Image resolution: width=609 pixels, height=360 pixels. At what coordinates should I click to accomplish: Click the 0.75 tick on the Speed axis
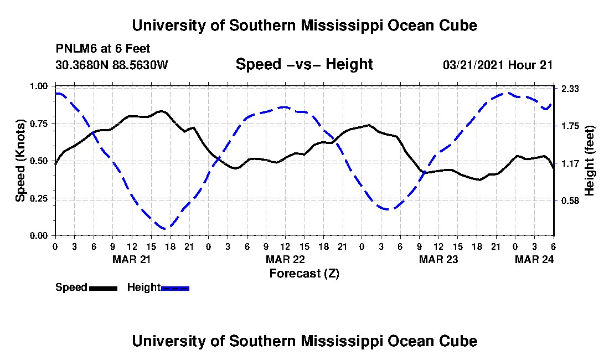click(x=39, y=124)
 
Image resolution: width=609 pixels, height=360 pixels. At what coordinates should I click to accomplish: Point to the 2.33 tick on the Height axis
click(x=570, y=89)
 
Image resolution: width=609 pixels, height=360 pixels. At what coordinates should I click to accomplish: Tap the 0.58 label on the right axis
click(x=570, y=201)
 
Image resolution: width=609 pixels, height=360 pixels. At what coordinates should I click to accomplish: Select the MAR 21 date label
click(x=131, y=259)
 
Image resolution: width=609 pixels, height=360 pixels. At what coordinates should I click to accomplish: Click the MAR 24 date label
click(x=534, y=259)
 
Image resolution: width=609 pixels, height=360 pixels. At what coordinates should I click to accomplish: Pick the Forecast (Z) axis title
click(x=304, y=274)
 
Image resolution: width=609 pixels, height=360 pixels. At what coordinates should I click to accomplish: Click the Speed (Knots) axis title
click(x=20, y=161)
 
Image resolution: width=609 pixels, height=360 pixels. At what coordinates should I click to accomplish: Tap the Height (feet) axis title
click(x=589, y=161)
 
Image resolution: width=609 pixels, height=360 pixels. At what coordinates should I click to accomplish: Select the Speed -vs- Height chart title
click(x=304, y=64)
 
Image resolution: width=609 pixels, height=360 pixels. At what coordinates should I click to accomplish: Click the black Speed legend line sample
click(x=103, y=288)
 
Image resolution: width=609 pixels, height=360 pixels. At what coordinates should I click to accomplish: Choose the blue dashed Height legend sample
click(x=175, y=288)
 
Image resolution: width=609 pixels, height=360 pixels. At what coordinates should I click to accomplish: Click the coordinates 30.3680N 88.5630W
click(x=112, y=65)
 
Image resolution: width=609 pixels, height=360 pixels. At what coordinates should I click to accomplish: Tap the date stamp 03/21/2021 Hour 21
click(x=498, y=65)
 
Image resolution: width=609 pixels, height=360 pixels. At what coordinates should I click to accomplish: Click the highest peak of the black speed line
click(x=161, y=111)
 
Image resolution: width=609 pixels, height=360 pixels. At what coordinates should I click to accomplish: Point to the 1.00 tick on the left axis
click(x=39, y=86)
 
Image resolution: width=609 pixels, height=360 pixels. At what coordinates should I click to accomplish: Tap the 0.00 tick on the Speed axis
click(x=39, y=236)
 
